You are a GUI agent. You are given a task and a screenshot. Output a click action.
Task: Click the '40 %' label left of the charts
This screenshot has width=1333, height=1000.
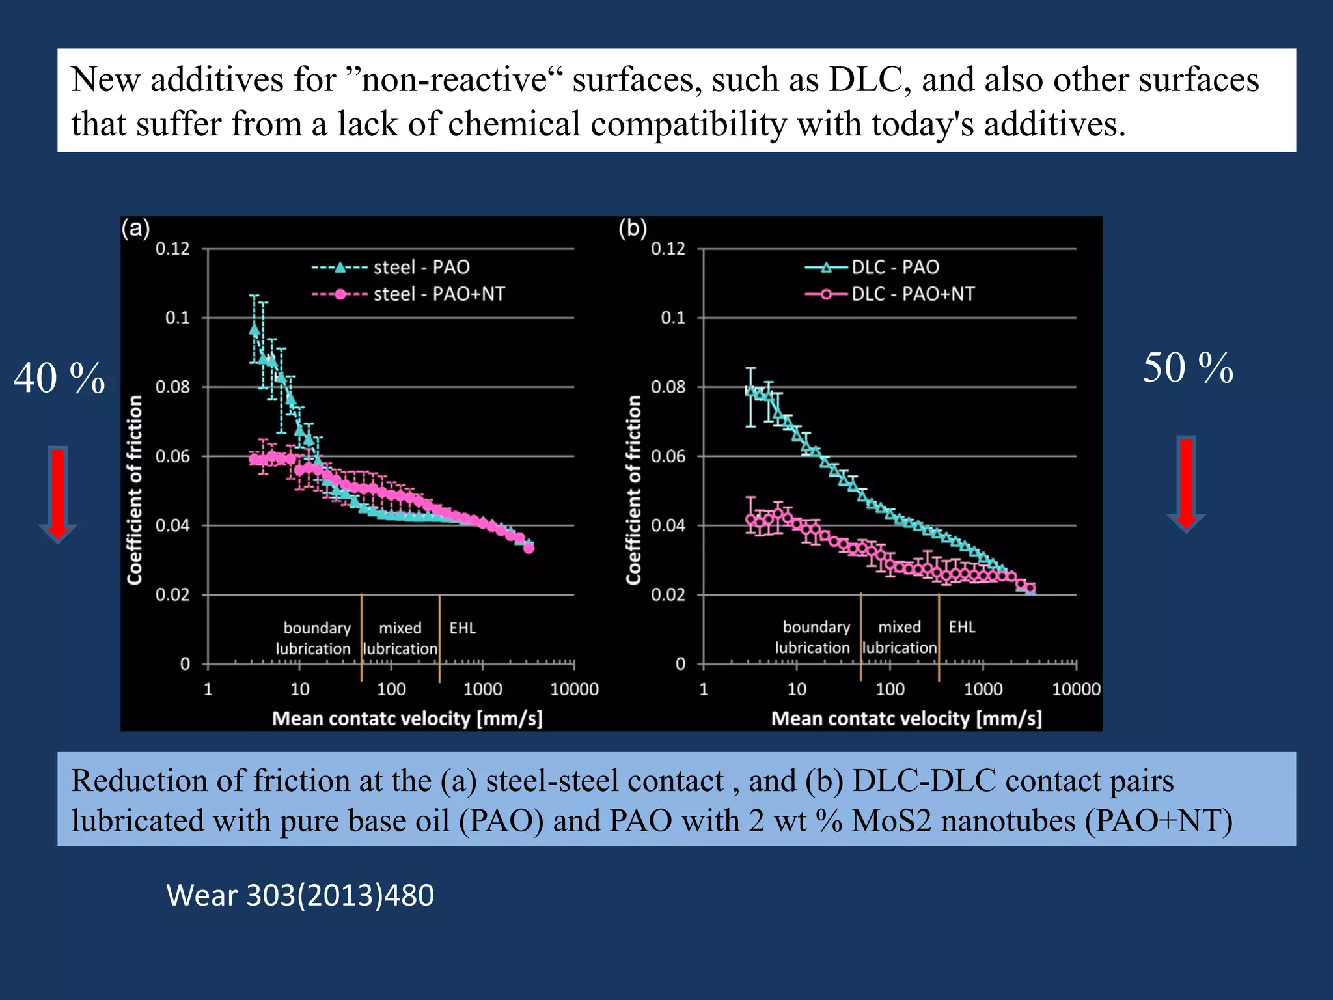point(59,378)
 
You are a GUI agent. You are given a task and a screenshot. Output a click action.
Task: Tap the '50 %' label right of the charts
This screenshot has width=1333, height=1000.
point(1188,368)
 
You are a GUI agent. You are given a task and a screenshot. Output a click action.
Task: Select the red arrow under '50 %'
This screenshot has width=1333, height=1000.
point(1187,484)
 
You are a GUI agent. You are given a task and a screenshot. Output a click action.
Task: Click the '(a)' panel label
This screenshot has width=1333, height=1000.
point(136,229)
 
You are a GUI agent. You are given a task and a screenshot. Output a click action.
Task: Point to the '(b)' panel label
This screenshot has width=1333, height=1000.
point(633,229)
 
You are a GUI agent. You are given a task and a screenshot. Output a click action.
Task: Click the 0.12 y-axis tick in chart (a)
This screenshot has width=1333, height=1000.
point(172,249)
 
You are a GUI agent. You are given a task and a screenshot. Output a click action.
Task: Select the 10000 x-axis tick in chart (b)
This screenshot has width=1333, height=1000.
point(1076,689)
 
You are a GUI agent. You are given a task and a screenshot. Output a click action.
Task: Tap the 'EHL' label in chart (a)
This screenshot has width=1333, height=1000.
point(462,628)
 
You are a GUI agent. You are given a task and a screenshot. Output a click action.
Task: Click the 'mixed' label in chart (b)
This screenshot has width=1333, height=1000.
point(900,627)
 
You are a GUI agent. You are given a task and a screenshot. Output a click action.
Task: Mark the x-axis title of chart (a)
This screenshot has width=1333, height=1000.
point(407,718)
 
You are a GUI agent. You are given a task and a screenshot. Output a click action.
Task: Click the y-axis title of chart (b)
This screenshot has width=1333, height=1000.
point(633,490)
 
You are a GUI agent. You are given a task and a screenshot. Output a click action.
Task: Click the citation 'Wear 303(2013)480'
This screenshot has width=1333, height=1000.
point(300,895)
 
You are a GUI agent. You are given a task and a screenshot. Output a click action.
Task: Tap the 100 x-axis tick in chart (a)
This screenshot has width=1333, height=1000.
point(391,689)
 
